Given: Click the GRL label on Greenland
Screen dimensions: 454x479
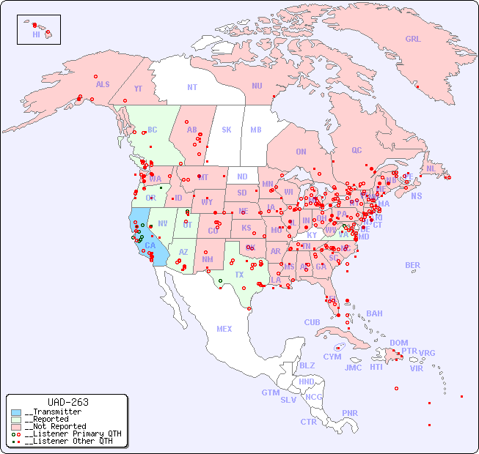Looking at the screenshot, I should (413, 39).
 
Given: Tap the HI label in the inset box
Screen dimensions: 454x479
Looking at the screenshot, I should (36, 34).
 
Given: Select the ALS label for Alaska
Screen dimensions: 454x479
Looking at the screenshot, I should (103, 84).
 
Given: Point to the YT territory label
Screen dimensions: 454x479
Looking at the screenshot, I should (138, 89).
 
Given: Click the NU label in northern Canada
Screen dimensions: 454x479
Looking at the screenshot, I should (257, 86).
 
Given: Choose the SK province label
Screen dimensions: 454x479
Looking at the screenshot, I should (227, 130).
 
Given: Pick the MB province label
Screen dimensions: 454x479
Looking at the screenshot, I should (256, 130).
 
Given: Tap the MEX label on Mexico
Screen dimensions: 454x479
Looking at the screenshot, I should (224, 329).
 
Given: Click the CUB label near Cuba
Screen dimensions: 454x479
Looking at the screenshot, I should (312, 322).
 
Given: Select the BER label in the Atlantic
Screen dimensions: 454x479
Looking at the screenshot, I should (412, 265).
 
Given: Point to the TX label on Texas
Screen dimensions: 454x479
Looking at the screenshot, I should (238, 275).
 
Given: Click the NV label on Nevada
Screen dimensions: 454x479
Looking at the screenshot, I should (163, 223).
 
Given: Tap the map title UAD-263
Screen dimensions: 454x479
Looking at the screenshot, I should (67, 402).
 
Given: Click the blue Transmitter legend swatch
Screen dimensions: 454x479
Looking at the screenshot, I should (16, 412).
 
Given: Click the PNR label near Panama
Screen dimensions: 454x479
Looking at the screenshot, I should (350, 413).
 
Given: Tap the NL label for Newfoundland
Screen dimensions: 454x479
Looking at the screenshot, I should (431, 168).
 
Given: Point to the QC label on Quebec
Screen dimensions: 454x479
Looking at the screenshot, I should (356, 150).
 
